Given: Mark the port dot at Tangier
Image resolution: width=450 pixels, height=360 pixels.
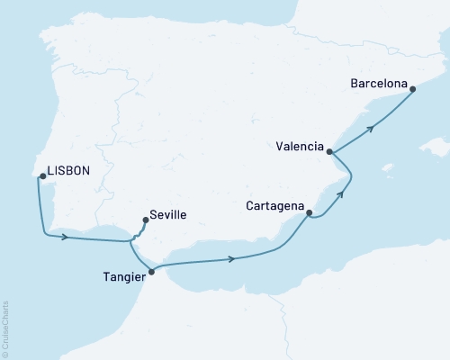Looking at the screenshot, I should tap(151, 271).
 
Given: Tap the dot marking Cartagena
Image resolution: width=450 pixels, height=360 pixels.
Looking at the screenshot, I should tap(310, 213).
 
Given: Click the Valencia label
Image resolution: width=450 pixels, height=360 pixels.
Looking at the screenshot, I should tap(301, 143).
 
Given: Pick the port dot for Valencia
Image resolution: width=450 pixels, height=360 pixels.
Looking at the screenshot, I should tap(329, 152).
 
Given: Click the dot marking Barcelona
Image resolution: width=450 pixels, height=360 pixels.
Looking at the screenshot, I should tap(412, 88).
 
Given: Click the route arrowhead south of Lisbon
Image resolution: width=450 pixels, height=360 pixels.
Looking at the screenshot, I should tap(65, 238).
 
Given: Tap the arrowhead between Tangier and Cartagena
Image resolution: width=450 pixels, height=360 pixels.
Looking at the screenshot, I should tap(233, 259).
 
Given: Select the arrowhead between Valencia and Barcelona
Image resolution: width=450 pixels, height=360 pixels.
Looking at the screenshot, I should tap(371, 128).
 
